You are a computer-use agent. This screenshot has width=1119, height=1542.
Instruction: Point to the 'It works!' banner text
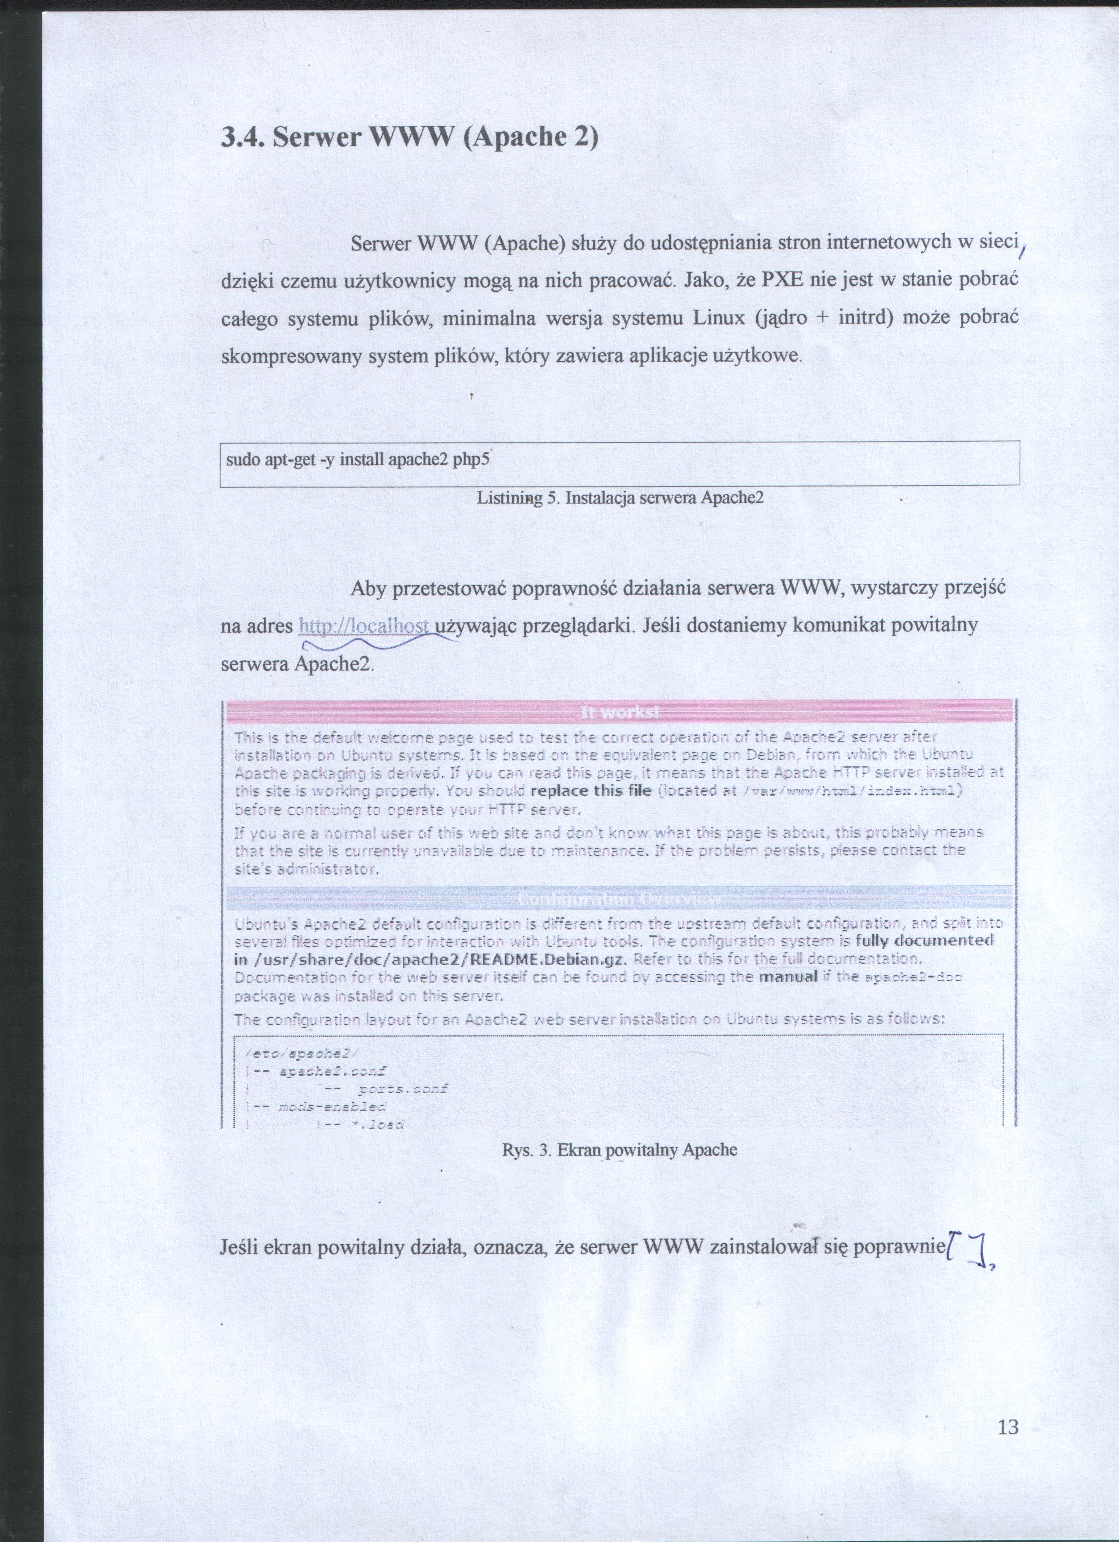click(620, 713)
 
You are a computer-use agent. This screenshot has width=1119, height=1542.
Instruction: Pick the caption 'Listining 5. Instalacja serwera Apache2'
click(620, 498)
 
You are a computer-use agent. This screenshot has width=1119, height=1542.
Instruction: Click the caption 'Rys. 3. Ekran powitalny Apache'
click(620, 1150)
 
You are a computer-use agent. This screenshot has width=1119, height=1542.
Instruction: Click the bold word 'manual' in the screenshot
click(787, 977)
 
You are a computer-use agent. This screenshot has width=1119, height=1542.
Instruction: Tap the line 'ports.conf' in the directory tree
click(403, 1089)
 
